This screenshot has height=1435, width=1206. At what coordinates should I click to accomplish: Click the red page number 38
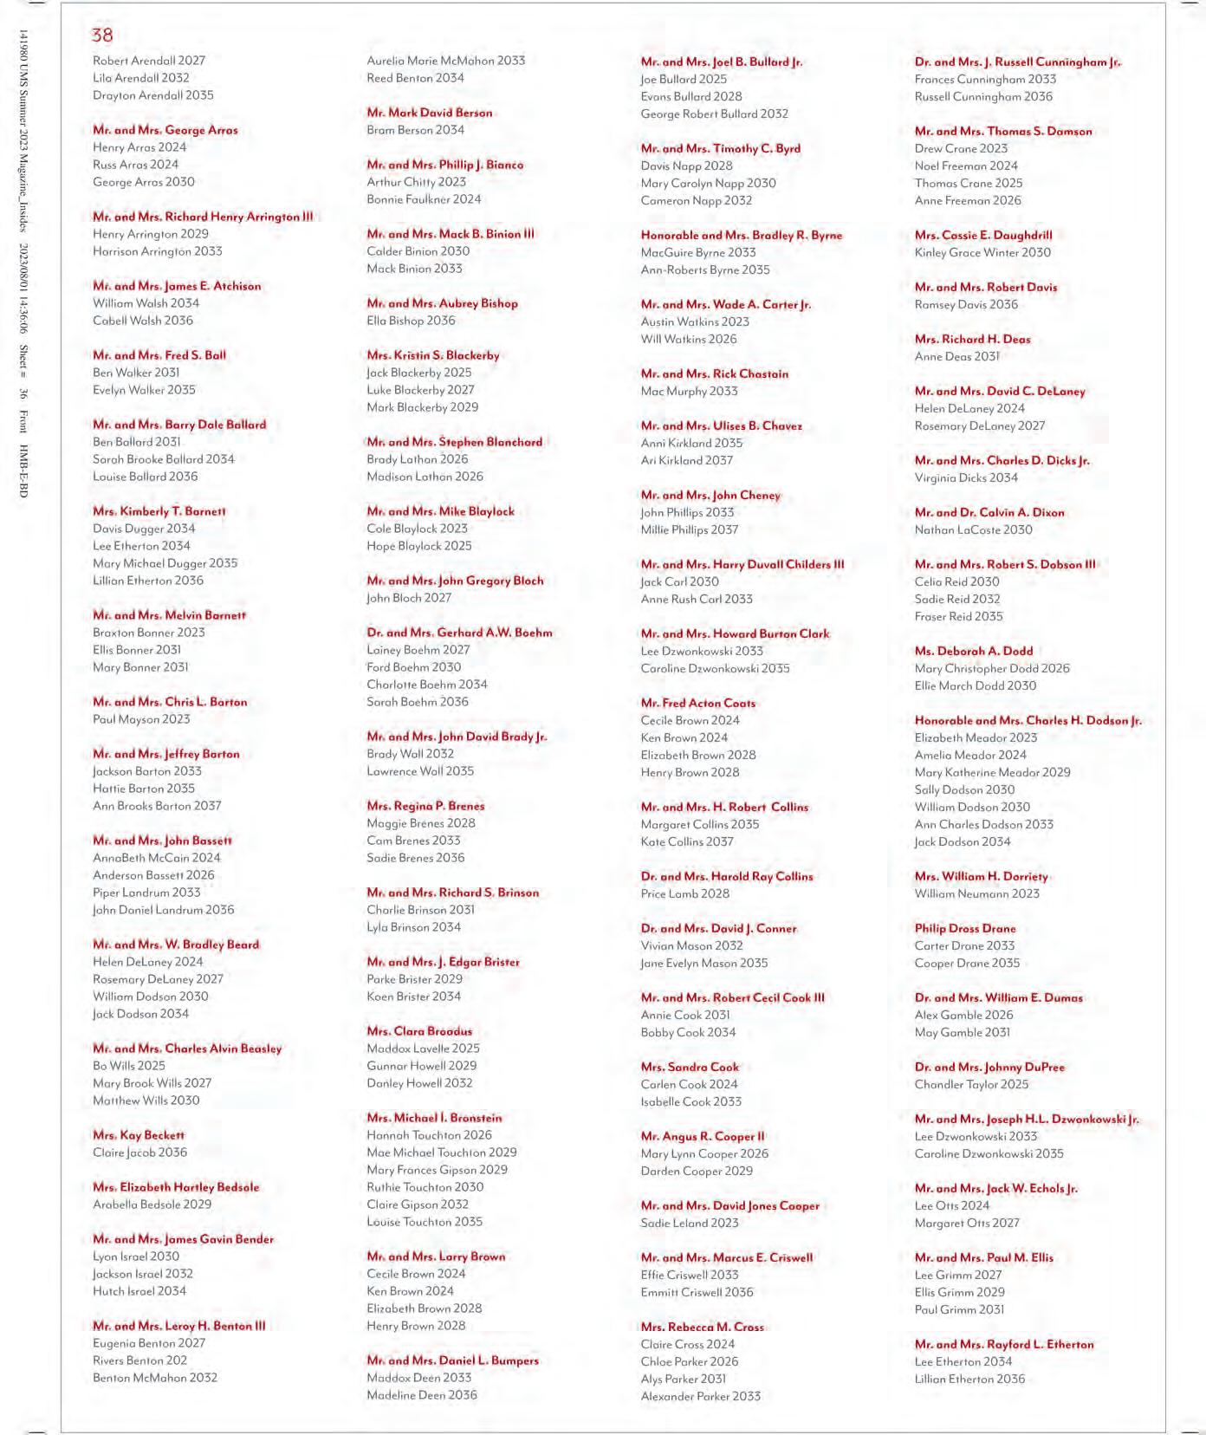coord(102,36)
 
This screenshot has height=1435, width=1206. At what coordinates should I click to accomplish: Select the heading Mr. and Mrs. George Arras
coord(165,130)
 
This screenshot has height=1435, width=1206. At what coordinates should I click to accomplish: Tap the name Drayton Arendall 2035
coord(153,95)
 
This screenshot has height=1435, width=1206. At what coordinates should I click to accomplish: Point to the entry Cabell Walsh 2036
coord(143,321)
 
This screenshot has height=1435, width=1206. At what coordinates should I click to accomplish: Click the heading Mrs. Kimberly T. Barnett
coord(159,511)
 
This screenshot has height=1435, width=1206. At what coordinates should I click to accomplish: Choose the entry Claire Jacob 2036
coord(140,1153)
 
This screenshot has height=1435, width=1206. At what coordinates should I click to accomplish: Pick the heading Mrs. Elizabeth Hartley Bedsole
coord(176,1187)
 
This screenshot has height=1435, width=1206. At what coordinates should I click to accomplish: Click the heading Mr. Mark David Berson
coord(430,113)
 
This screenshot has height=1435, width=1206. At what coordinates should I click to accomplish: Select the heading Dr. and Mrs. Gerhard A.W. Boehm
coord(459,633)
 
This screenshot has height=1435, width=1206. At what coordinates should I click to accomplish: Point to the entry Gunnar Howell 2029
coord(422,1066)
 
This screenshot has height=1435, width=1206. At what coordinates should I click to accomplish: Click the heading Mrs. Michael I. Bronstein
coord(434,1118)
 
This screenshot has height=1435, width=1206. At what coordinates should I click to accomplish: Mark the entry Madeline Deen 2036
coord(422,1395)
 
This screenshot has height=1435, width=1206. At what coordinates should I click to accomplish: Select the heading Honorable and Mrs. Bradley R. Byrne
coord(742,235)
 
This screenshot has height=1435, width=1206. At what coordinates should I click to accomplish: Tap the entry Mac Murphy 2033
coord(690,391)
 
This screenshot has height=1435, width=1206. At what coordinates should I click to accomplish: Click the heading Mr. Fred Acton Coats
coord(698,703)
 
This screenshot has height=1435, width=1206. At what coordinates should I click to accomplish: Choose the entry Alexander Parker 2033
coord(701,1396)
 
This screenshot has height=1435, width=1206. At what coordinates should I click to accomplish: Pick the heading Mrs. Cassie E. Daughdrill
coord(983,235)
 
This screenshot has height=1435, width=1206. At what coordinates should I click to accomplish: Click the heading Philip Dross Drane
coord(965,928)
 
